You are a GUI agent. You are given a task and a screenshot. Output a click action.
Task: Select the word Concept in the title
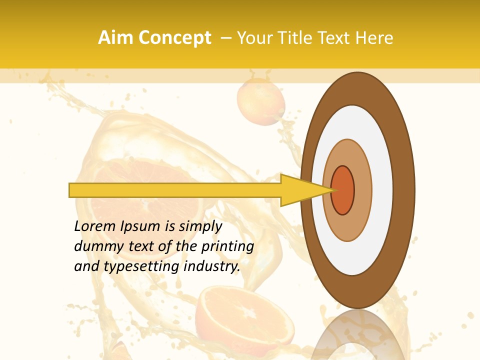click(174, 38)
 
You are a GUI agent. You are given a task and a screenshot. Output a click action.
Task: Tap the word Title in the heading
click(298, 38)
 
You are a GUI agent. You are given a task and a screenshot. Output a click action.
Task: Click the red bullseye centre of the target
click(343, 190)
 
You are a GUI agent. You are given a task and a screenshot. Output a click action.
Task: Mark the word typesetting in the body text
click(135, 266)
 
